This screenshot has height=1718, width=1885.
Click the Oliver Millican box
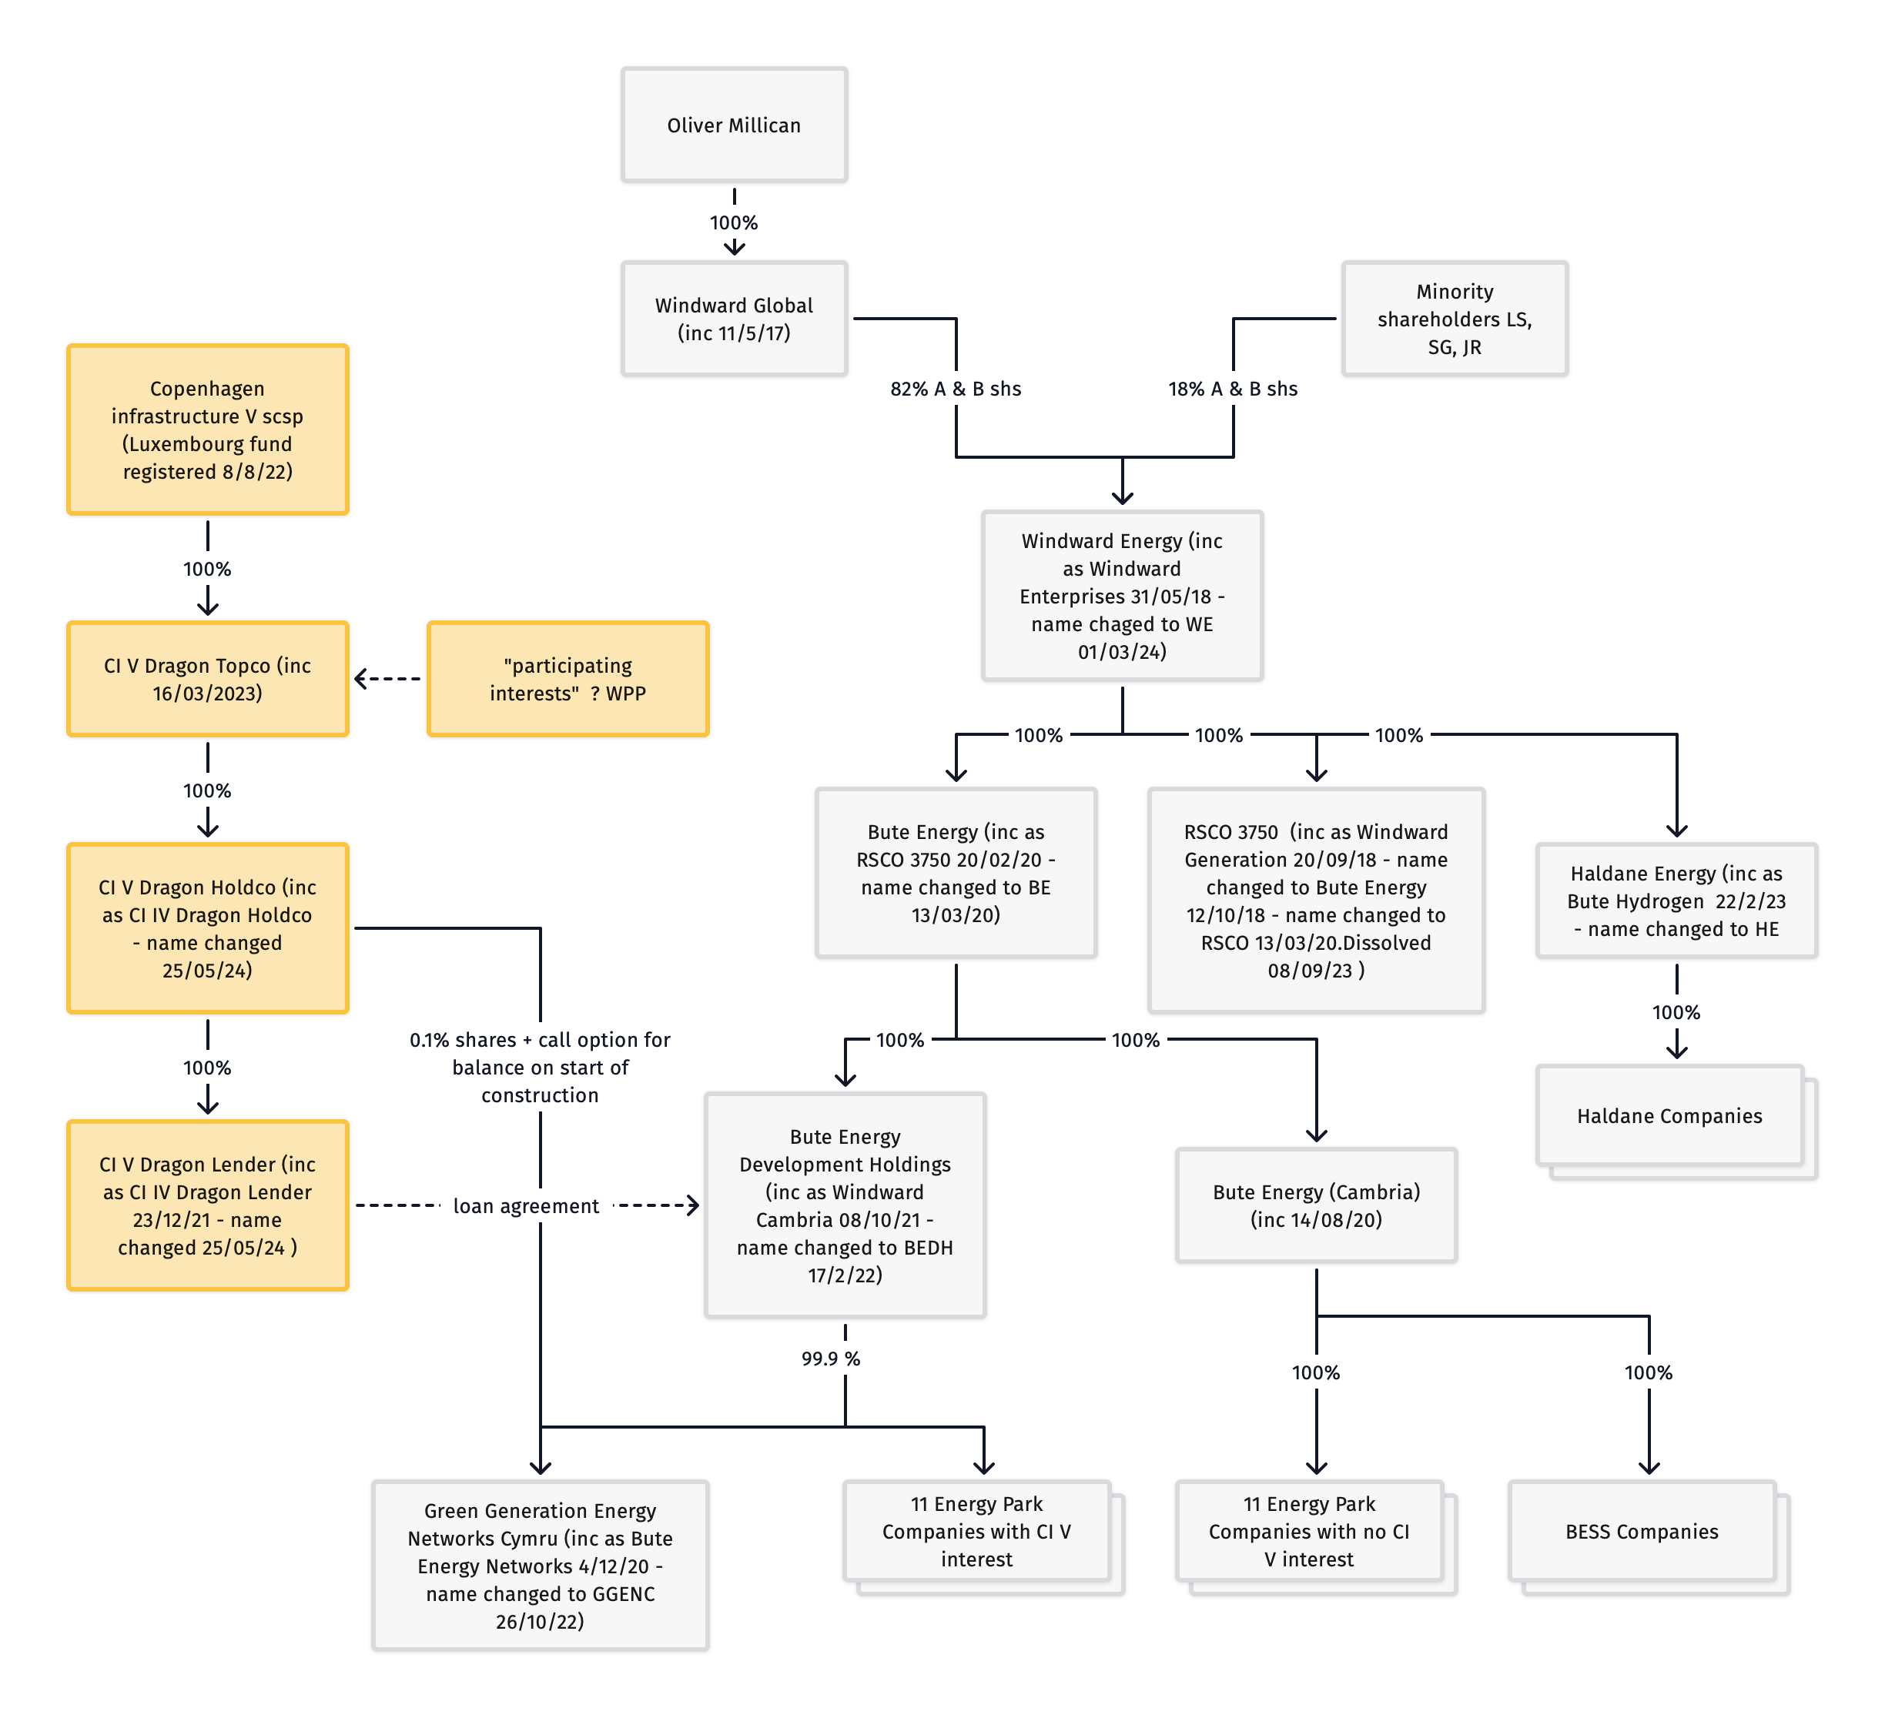click(734, 125)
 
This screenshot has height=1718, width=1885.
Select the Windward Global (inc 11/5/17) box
click(734, 319)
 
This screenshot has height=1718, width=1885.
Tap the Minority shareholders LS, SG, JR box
click(1454, 319)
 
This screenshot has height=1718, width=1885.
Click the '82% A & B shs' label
click(956, 389)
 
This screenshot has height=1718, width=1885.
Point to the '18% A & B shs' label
click(1232, 389)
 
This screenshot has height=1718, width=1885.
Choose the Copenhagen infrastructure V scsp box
click(208, 430)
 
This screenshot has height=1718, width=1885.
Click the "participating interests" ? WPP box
click(568, 680)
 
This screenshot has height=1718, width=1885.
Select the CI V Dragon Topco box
click(208, 680)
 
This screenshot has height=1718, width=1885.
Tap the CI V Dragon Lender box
click(208, 1206)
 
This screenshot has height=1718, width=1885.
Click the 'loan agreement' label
click(525, 1207)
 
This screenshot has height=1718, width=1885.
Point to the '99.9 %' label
click(830, 1358)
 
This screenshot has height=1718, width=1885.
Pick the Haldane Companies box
click(1669, 1116)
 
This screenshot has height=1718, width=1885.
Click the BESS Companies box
click(1642, 1531)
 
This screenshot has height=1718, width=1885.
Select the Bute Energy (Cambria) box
click(1317, 1206)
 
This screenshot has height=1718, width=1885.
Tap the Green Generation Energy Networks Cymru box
click(541, 1566)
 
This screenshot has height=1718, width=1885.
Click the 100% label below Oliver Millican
click(734, 222)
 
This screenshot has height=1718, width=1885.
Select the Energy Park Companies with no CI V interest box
click(1309, 1531)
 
